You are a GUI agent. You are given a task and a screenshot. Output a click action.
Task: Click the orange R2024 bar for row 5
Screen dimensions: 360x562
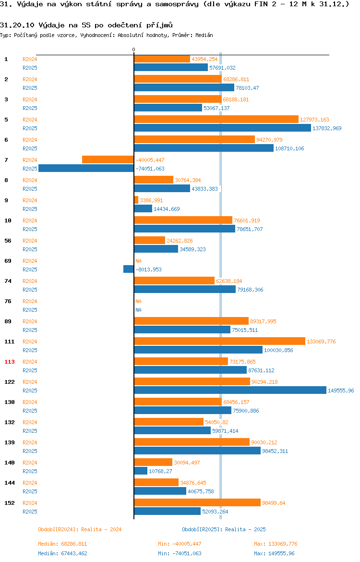[x=216, y=119]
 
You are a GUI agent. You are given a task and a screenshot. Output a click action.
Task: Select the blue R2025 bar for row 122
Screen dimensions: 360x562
[x=230, y=391]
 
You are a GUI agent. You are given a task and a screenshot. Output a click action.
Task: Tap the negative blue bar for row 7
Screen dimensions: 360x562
[x=86, y=169]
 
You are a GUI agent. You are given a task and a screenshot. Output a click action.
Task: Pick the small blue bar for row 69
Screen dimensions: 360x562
[x=129, y=269]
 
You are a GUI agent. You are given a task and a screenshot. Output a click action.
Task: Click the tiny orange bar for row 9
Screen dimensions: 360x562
[x=136, y=200]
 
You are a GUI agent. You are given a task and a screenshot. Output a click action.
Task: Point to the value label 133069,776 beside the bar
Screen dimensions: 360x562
[x=321, y=342]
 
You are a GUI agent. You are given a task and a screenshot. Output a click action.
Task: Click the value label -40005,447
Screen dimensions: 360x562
[x=150, y=160]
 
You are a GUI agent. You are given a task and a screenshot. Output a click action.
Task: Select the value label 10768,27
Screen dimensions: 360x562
[x=160, y=471]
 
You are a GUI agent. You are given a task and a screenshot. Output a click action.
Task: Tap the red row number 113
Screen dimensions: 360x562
[x=9, y=362]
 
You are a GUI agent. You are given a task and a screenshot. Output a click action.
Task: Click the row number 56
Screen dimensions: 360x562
[x=8, y=241]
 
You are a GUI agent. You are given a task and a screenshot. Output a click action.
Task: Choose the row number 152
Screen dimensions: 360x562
[x=9, y=503]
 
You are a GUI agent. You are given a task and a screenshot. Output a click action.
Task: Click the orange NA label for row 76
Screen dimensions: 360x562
[x=138, y=301]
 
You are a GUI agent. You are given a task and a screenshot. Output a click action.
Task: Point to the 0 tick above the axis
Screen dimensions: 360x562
[x=133, y=49]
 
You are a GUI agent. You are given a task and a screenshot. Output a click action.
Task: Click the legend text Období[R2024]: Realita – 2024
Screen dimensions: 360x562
[x=80, y=529]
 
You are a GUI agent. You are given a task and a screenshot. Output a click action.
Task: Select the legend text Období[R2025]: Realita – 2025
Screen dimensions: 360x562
[x=224, y=529]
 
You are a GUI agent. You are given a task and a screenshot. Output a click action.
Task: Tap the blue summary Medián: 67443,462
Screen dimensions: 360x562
[x=63, y=553]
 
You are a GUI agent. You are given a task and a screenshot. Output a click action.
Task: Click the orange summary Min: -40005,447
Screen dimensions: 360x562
[x=180, y=544]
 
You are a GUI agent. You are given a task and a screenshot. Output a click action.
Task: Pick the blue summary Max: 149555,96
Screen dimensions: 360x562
[x=275, y=553]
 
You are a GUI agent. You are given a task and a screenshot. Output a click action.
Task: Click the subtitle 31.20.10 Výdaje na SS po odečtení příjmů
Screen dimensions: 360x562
[x=86, y=25]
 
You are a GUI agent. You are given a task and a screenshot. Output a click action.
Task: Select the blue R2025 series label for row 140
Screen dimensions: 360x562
[x=30, y=471]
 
